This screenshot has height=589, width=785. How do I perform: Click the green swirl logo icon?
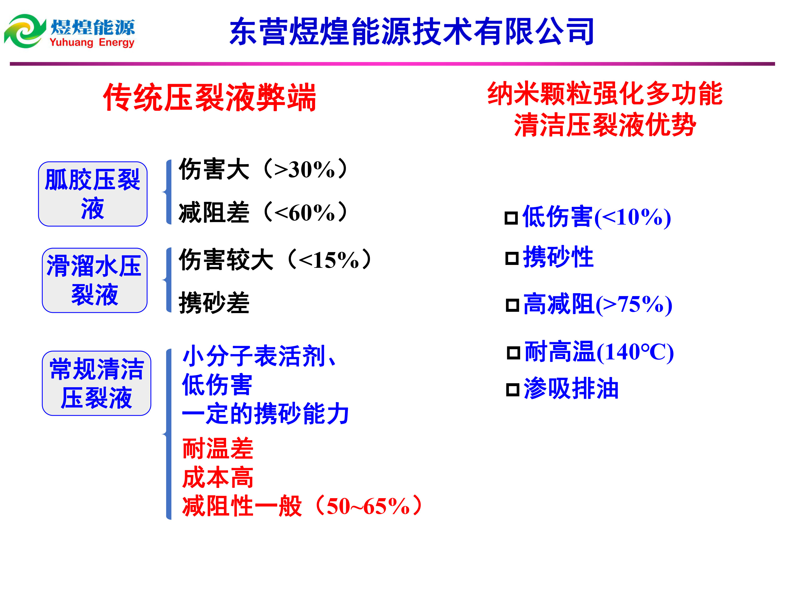click(x=25, y=31)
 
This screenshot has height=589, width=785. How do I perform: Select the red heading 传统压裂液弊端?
click(x=209, y=97)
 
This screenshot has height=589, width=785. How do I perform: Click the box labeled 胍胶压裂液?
click(x=93, y=194)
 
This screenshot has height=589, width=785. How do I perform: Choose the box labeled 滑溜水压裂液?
click(x=94, y=280)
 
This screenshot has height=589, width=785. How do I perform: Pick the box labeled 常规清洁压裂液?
click(x=97, y=383)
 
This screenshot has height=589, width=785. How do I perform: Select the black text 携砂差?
click(x=214, y=303)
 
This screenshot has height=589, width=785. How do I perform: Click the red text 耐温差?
click(x=217, y=449)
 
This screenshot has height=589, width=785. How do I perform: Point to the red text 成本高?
click(x=217, y=477)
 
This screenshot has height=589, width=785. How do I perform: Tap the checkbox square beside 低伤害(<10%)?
click(x=511, y=218)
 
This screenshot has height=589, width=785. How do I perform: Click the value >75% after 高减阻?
click(x=632, y=305)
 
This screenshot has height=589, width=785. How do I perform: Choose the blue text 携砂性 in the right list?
click(x=558, y=257)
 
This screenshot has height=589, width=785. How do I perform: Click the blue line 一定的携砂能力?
click(x=265, y=414)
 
